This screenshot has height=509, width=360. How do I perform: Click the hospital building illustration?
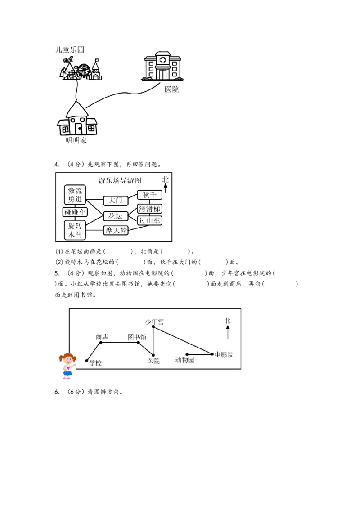click(x=162, y=67)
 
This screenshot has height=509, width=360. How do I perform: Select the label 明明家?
click(x=76, y=141)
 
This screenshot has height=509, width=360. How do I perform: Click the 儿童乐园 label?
click(x=69, y=49)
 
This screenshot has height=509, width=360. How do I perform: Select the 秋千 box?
click(x=149, y=195)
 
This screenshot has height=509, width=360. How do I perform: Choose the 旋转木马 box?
click(x=75, y=230)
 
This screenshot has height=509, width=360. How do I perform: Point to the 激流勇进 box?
click(x=75, y=195)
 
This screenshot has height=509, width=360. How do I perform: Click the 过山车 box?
click(x=149, y=220)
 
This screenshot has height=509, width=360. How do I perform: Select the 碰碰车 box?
click(x=75, y=212)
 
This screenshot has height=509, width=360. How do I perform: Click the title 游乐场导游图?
click(x=120, y=181)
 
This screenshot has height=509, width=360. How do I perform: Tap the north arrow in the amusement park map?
click(x=166, y=185)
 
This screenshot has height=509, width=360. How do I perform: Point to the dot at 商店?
click(x=100, y=342)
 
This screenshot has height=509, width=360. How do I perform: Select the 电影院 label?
click(x=224, y=355)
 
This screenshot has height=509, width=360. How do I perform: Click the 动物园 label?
click(x=184, y=360)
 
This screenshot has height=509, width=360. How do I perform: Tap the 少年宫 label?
click(x=154, y=322)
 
